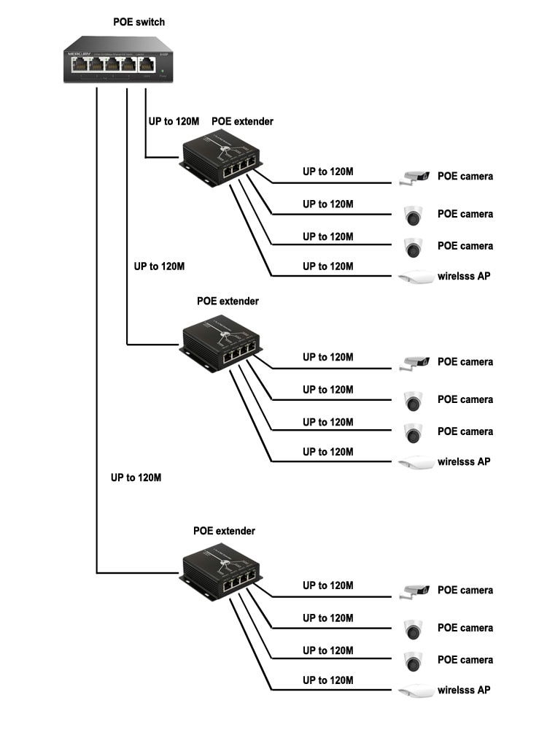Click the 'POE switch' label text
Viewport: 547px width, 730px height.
(x=139, y=22)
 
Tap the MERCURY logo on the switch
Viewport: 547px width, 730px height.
(x=74, y=53)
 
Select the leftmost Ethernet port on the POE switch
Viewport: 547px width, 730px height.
(x=79, y=65)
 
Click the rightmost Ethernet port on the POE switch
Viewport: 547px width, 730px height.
(x=148, y=65)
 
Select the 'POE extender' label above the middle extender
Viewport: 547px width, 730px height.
(x=228, y=301)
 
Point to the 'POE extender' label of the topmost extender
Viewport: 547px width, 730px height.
(x=242, y=121)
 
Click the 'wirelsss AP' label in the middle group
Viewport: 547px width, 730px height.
(x=464, y=461)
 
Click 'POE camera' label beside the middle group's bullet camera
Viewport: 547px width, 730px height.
(x=465, y=362)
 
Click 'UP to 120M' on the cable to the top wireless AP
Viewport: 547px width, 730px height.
(x=328, y=266)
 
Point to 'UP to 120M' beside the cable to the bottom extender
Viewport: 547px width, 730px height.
(x=136, y=478)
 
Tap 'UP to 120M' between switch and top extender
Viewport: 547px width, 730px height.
(x=174, y=121)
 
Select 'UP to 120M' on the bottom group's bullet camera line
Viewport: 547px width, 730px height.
(x=328, y=585)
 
